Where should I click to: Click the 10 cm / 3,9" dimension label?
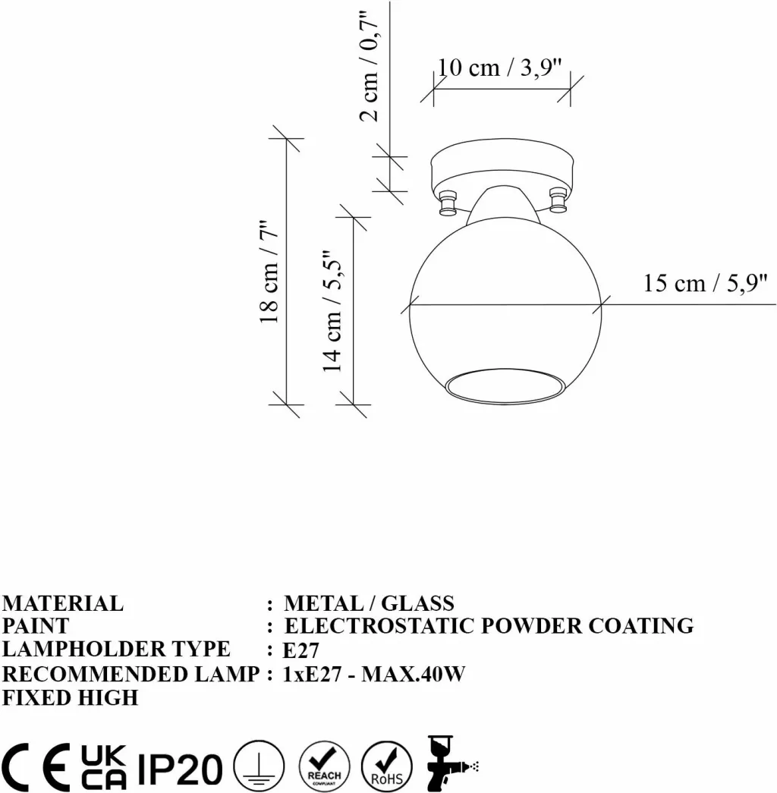pos(499,68)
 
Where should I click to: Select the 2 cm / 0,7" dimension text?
pos(370,67)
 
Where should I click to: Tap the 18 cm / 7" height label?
pos(269,272)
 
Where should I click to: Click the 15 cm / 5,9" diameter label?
pos(705,283)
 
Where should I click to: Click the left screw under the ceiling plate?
pos(447,203)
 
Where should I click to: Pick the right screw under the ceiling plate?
pos(558,200)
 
